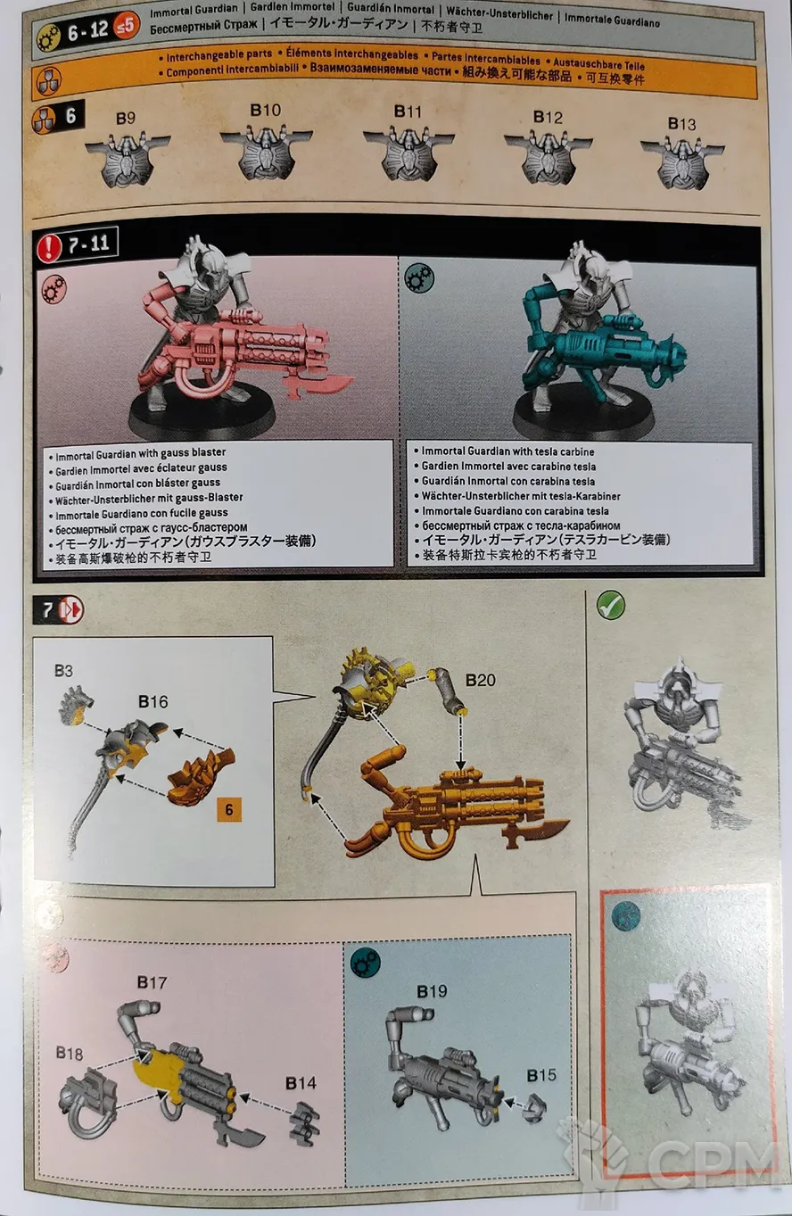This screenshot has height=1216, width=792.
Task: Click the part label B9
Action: tap(126, 119)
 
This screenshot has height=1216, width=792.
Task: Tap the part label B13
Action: tap(681, 124)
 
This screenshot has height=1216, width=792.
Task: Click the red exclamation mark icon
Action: tap(49, 246)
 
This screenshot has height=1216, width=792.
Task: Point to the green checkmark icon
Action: tap(611, 605)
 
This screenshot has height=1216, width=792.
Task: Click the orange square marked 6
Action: tap(228, 810)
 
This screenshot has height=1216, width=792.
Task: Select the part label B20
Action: tap(481, 680)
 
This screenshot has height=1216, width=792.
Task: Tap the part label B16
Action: tap(153, 701)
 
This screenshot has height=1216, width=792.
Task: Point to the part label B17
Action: tap(152, 981)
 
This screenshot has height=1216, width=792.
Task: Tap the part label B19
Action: tap(432, 991)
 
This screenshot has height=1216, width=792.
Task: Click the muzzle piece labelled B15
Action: tap(535, 1108)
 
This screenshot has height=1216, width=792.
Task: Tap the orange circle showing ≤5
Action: tap(126, 25)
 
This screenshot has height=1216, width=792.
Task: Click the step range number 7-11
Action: tap(89, 244)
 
